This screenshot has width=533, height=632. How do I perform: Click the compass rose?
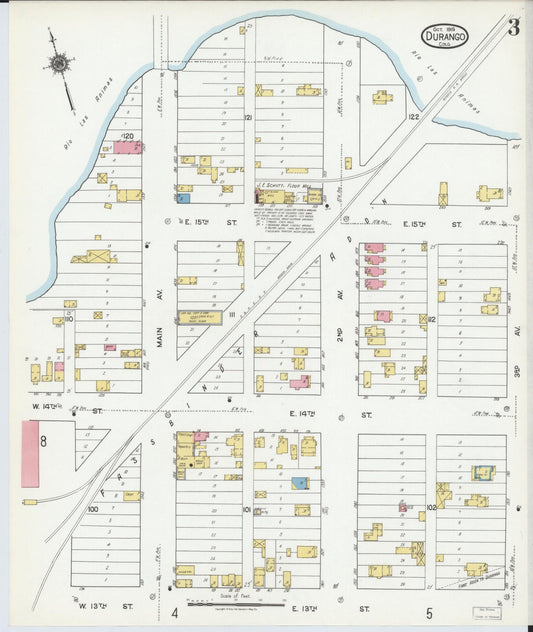pos(59,65)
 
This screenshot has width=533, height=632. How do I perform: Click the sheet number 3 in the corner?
pos(512,28)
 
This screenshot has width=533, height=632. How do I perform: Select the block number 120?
pos(128,135)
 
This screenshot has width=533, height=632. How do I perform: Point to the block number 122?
pos(413,117)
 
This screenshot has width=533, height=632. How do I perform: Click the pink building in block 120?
pos(128,147)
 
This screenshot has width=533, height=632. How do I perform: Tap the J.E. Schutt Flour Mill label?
pos(287,185)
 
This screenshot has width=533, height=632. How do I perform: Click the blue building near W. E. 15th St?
pos(184,198)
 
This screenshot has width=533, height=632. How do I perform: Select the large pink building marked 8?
pos(30,453)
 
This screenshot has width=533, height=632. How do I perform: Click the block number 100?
pos(93,509)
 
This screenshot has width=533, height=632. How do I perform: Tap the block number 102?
pos(431,508)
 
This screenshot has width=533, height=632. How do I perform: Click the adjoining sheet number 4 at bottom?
pos(174,612)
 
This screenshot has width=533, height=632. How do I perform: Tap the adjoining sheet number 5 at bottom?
pos(428,612)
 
